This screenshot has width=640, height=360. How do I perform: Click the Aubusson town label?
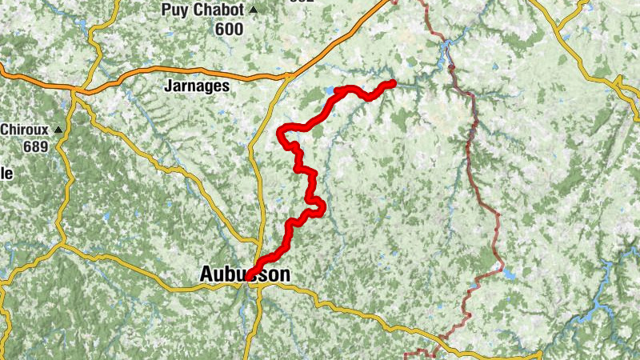click(x=244, y=274)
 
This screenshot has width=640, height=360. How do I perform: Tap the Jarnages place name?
click(x=196, y=86)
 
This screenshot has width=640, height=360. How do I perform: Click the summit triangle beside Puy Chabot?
click(x=254, y=10)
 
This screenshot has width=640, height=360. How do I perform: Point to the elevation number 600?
click(x=228, y=27)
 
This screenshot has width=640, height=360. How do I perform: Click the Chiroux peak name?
click(x=26, y=129)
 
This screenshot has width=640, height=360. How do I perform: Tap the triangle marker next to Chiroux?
click(x=58, y=129)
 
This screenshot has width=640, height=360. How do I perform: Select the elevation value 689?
click(x=37, y=146)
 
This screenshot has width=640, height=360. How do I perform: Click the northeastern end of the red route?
click(x=392, y=83)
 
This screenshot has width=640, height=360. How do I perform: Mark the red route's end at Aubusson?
click(x=250, y=276)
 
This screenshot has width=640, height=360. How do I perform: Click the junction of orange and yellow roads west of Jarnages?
click(x=74, y=91)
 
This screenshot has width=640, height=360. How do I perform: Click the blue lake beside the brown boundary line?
click(x=508, y=274)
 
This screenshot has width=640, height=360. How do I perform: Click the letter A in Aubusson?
click(x=206, y=274)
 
